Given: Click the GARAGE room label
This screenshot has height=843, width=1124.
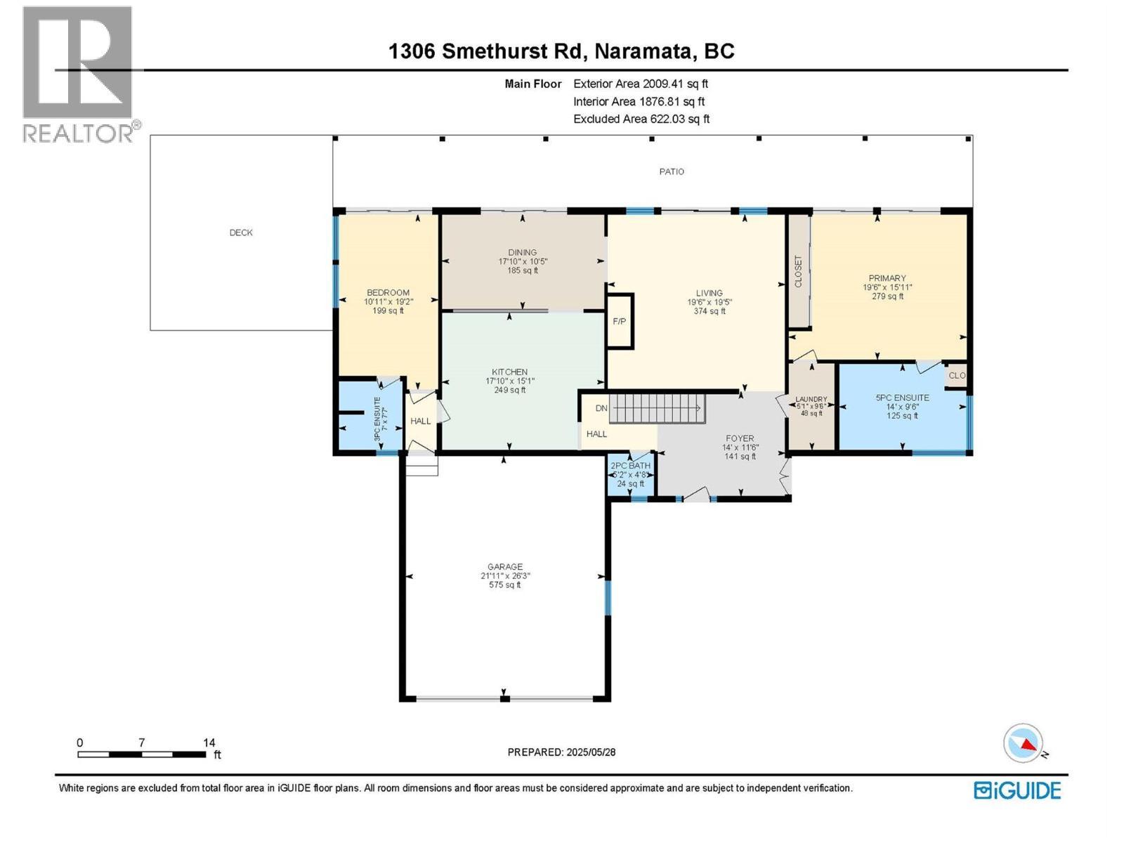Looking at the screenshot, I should click(505, 566).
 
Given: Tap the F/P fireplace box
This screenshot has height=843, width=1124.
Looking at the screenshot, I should click(620, 322).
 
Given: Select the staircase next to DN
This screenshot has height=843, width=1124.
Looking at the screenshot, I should click(656, 408).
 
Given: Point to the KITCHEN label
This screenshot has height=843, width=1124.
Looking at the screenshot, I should click(509, 372).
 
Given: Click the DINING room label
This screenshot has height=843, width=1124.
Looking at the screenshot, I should click(522, 252).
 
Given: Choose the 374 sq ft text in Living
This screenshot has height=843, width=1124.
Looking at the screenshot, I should click(709, 311).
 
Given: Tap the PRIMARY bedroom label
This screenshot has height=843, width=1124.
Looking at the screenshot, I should click(887, 278).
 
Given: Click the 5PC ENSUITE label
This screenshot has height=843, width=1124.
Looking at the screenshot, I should click(902, 398).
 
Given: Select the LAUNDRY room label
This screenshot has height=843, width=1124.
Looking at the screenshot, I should click(811, 399).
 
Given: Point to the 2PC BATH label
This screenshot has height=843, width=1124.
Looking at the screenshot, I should click(630, 466).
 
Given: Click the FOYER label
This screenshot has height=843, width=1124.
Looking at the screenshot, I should click(739, 438).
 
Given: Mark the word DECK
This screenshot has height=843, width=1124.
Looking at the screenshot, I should click(241, 233).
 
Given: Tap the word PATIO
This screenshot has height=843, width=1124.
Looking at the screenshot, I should click(671, 171).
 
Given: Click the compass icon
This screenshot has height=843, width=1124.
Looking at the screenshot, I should click(1023, 743).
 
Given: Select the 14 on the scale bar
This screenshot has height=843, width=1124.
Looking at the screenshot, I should click(209, 743).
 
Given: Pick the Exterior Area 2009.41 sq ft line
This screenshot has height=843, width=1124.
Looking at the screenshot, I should click(640, 84).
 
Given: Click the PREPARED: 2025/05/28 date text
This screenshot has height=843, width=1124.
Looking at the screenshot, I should click(561, 752).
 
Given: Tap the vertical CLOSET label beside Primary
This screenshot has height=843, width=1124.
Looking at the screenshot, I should click(798, 271).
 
